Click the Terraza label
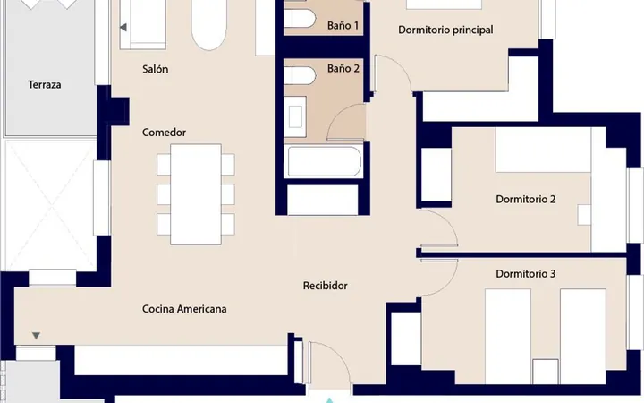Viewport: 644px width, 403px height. tap(45, 85)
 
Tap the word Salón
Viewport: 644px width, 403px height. tap(156, 69)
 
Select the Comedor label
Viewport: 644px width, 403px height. tap(164, 133)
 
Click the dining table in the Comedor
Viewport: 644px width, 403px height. tap(196, 194)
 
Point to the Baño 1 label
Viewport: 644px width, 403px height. tap(343, 25)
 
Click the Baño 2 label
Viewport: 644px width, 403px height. tap(343, 68)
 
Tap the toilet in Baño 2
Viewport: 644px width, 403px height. tap(300, 76)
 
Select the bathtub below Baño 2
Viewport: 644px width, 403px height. tap(324, 161)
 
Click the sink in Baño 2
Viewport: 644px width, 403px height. tap(295, 116)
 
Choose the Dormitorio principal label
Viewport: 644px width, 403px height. tap(445, 30)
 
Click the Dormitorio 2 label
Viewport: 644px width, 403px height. tap(526, 199)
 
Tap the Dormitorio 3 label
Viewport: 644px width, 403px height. tap(526, 274)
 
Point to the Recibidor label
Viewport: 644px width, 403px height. tap(326, 286)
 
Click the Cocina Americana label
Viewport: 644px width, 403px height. tap(184, 309)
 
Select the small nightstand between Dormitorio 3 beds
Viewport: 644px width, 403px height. tap(546, 372)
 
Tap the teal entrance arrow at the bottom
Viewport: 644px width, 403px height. tap(329, 400)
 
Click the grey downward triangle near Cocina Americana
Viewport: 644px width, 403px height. tap(36, 336)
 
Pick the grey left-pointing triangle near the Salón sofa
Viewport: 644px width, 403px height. tap(123, 28)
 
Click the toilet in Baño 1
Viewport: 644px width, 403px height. tap(300, 19)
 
